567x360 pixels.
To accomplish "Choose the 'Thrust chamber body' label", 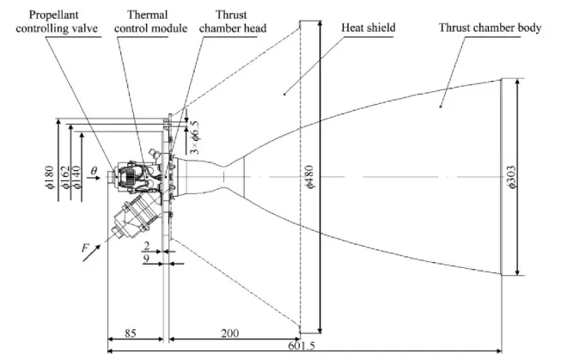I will (490, 27).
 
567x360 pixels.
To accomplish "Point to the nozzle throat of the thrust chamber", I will (228, 177).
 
